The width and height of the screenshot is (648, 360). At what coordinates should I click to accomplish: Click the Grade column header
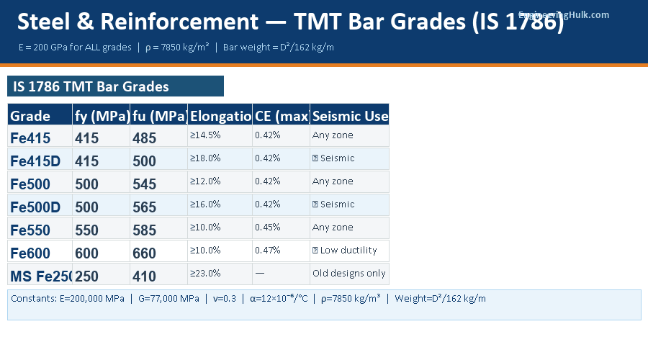point(30,116)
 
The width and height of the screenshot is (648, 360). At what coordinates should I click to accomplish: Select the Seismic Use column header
point(350,116)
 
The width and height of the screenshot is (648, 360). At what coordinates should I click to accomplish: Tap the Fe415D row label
point(35,161)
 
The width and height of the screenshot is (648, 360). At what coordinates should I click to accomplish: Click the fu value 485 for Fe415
point(144,138)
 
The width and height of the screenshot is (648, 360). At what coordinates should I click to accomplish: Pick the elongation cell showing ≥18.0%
point(205,158)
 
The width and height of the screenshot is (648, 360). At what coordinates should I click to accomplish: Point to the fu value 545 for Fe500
point(144,184)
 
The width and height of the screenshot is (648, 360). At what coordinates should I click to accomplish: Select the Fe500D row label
point(35,207)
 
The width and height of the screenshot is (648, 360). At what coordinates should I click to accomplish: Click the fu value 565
point(144,207)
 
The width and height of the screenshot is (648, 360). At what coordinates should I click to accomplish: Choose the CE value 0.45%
point(267,228)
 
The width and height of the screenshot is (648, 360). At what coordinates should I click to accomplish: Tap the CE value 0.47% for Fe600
point(267,251)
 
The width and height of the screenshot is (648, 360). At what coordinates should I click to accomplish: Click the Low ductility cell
point(345,251)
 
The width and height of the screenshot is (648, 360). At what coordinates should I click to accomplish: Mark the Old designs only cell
point(349,274)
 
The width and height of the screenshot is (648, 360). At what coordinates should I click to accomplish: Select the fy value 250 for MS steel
point(86,276)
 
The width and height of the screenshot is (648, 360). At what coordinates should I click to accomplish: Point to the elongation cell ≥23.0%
point(205,274)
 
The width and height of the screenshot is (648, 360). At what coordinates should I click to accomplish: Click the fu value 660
point(144,253)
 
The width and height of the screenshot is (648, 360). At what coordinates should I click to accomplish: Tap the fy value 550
point(86,230)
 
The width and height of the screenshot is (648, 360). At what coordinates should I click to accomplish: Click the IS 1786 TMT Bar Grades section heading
point(91,87)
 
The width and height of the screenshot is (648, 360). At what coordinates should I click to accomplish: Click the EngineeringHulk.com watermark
point(564,14)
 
